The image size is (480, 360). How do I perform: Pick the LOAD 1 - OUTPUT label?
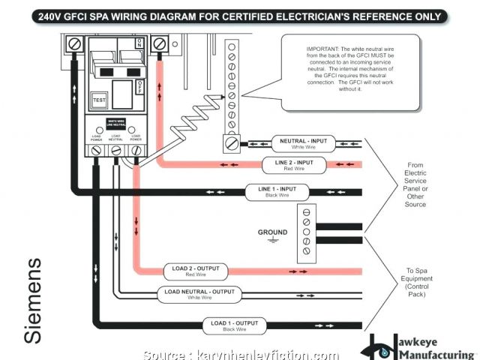pyautogui.click(x=234, y=325)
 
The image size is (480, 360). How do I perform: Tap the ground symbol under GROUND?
pyautogui.click(x=273, y=241)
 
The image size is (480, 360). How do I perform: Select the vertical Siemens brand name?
pyautogui.click(x=34, y=300)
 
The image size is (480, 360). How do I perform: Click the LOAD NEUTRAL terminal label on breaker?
pyautogui.click(x=115, y=138)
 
